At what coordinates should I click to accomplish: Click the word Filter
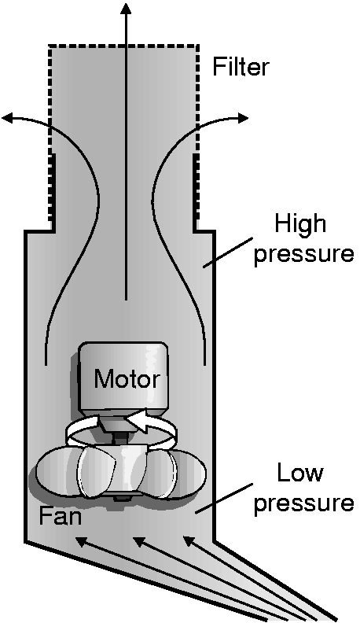[x=241, y=66]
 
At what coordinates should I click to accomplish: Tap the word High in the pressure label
[x=300, y=224]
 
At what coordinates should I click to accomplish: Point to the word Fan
[x=60, y=516]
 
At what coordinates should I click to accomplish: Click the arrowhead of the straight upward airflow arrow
[x=127, y=9]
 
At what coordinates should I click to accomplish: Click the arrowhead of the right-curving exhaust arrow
[x=243, y=118]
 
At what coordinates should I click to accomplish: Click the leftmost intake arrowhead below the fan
[x=81, y=541]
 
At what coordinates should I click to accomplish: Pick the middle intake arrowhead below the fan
[x=139, y=541]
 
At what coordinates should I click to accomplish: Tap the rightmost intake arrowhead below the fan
[x=189, y=541]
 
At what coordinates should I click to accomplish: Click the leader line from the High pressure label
[x=228, y=253]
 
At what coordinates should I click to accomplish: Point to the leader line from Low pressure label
[x=224, y=499]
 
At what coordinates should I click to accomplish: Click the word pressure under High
[x=303, y=253]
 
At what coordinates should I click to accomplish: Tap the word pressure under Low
[x=303, y=502]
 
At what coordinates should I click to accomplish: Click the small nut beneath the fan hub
[x=117, y=499]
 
